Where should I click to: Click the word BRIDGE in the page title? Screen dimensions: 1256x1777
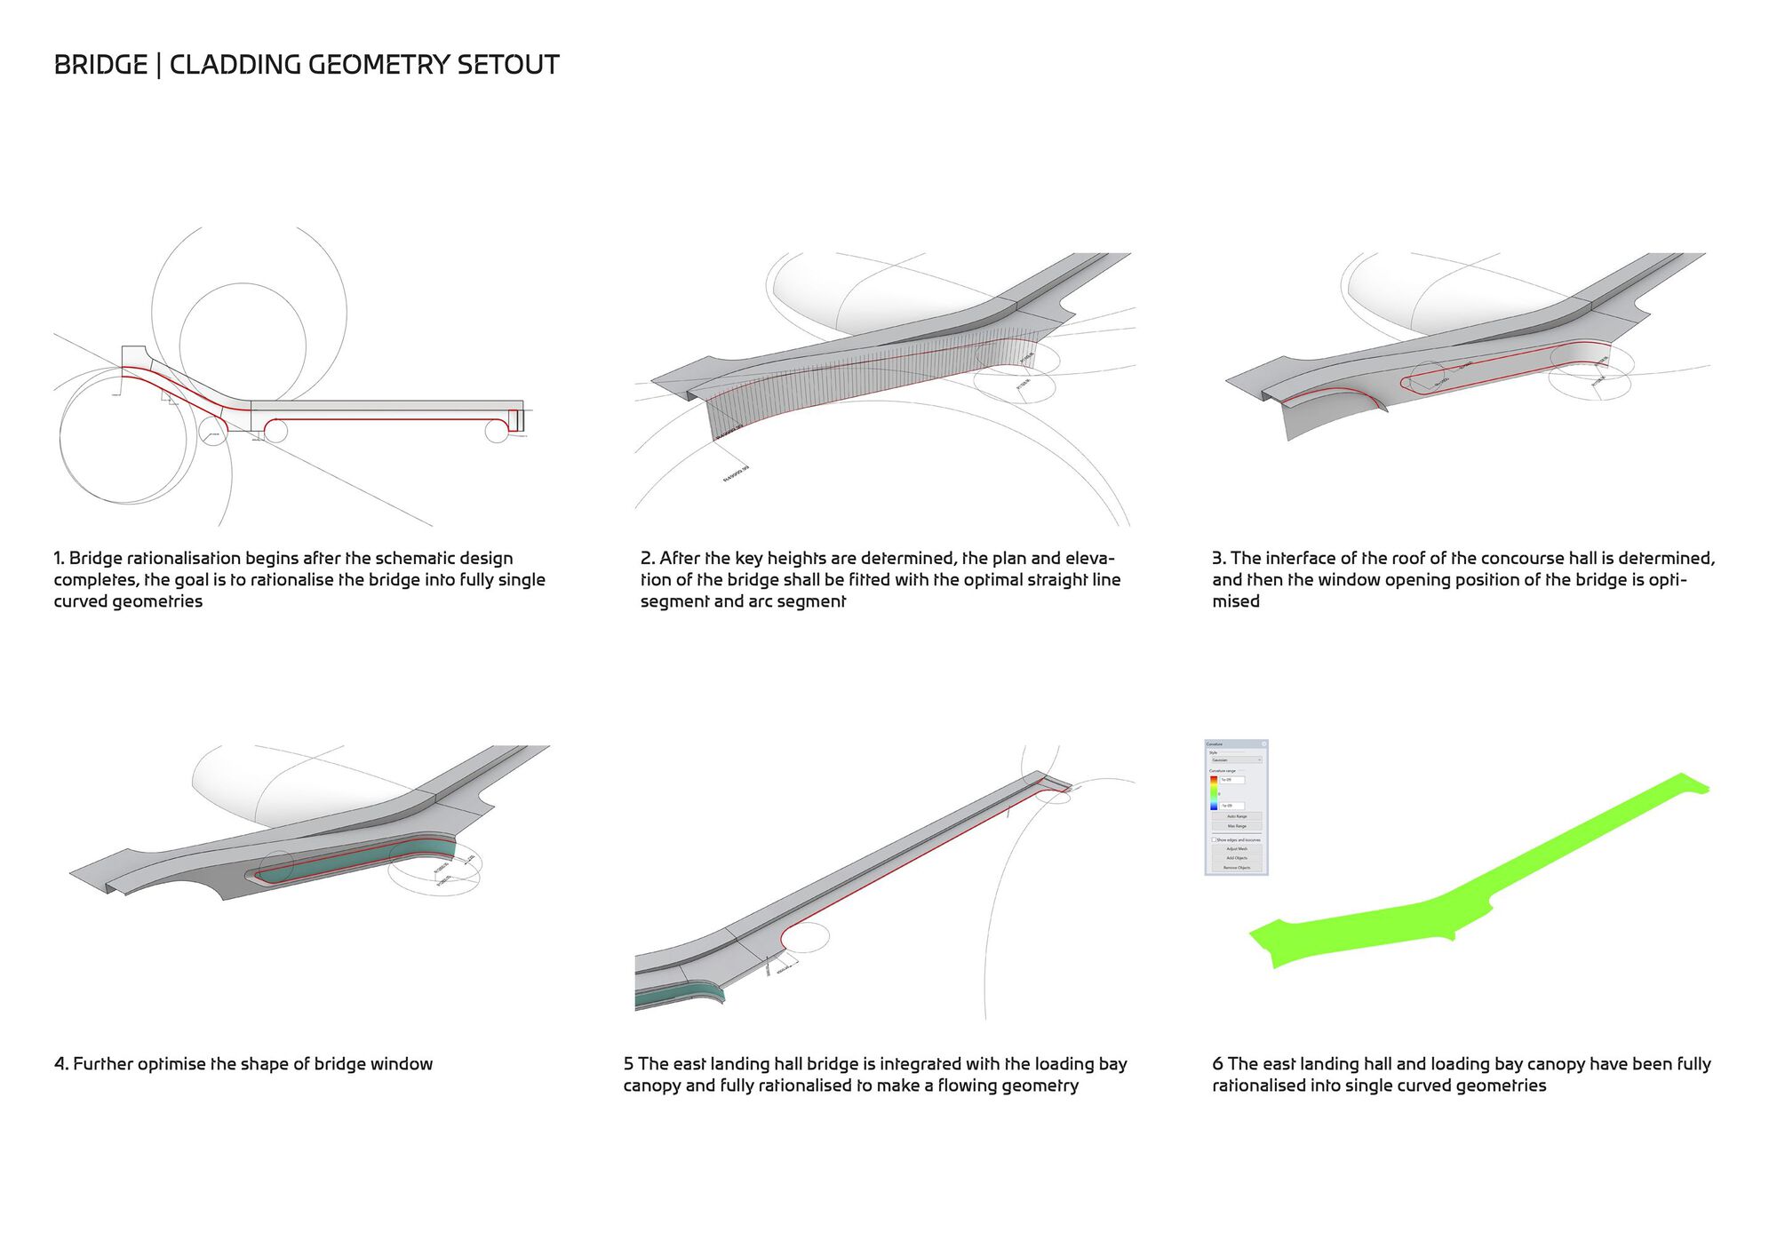tap(100, 65)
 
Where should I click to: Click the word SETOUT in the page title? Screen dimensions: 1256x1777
tap(507, 65)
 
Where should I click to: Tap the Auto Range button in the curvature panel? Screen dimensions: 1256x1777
tap(1236, 816)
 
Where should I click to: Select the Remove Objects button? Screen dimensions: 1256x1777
tap(1236, 868)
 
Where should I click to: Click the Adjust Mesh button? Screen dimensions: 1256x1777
tap(1236, 849)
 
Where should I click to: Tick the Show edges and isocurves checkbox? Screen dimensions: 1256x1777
tap(1214, 839)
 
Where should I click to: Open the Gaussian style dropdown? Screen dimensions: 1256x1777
tap(1235, 760)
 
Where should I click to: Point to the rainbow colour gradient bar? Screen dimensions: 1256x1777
tap(1214, 792)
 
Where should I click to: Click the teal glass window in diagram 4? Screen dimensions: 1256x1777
tap(355, 862)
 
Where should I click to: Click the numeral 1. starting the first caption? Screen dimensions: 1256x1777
tap(59, 559)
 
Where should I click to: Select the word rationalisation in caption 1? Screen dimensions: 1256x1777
tap(184, 559)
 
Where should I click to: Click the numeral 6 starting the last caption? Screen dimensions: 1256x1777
tap(1217, 1064)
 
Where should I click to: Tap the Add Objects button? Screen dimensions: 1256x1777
tap(1236, 858)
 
